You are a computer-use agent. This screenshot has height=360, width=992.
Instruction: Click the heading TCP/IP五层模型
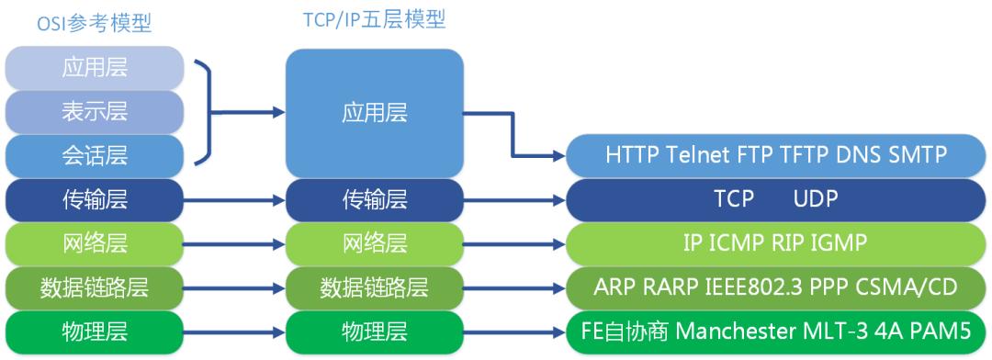374,19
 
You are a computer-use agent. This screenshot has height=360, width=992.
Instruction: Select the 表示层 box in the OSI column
95,112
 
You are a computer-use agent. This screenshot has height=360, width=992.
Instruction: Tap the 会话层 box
95,155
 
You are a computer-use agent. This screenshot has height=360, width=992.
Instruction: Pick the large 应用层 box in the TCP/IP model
374,113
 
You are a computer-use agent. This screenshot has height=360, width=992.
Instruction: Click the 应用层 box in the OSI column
95,68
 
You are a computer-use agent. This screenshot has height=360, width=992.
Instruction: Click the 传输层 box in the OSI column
95,199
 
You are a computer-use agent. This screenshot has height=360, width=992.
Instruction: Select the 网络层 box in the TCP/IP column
374,243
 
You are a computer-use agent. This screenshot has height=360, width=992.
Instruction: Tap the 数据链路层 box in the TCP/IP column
374,287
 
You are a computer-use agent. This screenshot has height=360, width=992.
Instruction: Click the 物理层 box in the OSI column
95,331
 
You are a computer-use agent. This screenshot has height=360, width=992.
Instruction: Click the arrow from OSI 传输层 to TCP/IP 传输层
235,199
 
